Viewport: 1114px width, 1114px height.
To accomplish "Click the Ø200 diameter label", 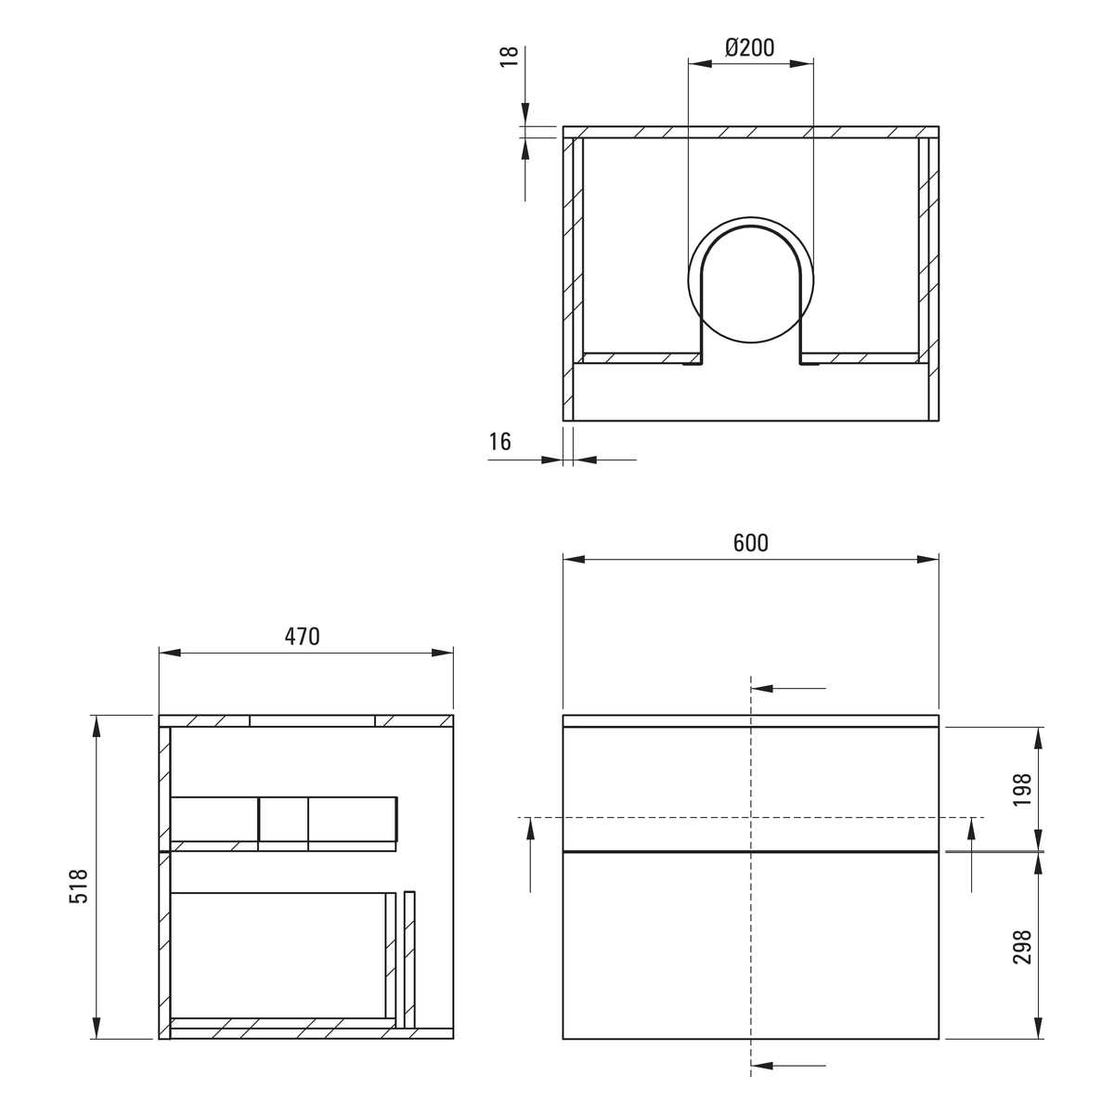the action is tap(750, 48).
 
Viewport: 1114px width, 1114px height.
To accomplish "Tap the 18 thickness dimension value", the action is tap(510, 57).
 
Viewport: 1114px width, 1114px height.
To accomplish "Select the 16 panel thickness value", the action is tap(500, 442).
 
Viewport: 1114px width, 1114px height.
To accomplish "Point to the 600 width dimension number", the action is tap(750, 543).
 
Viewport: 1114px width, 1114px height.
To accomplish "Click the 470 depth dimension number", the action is tap(302, 637).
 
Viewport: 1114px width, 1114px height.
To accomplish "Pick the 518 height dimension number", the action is tap(79, 886).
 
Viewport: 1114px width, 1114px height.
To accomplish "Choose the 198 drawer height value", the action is tap(1022, 790).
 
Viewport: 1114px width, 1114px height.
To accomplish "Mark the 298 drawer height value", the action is tap(1022, 946).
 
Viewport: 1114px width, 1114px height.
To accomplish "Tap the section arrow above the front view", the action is tap(788, 689).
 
